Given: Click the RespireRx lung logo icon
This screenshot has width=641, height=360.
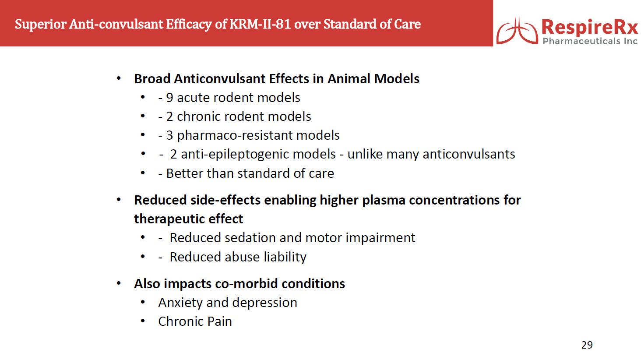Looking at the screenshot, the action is (517, 31).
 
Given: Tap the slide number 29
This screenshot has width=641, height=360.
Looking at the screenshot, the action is (587, 345).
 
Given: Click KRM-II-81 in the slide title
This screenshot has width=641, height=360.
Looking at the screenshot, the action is (260, 24).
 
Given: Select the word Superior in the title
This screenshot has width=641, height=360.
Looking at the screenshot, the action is (40, 25).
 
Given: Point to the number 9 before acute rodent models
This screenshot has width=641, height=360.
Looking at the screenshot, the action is (169, 98).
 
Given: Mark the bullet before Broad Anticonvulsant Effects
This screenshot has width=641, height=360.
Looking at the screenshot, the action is (119, 78).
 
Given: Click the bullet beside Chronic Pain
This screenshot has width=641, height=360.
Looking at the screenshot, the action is (143, 321).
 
